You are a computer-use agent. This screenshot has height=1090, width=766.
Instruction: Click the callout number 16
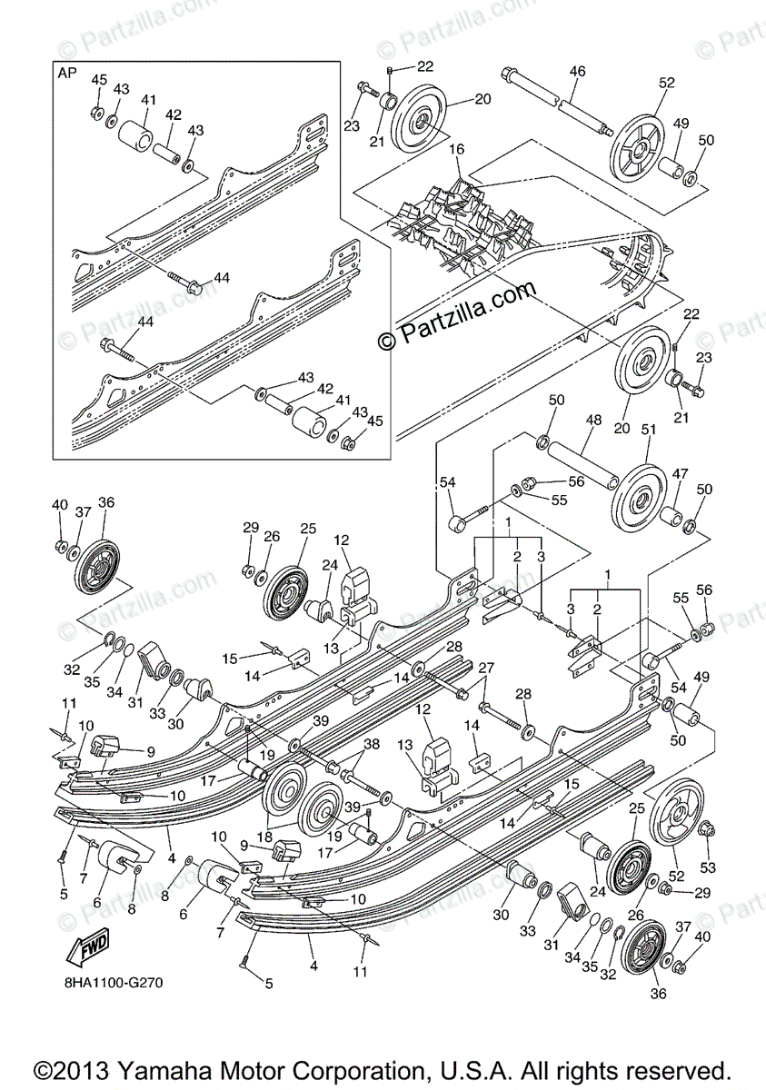[x=456, y=148]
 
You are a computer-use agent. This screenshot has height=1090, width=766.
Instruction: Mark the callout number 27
[x=487, y=669]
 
